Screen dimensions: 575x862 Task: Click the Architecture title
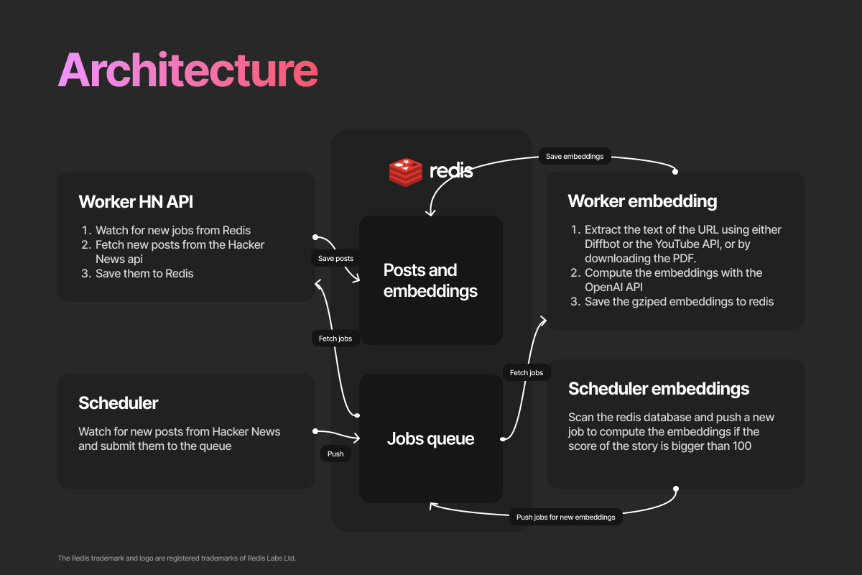[188, 70]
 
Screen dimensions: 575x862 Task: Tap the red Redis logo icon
[406, 171]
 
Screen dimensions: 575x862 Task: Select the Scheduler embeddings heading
[659, 389]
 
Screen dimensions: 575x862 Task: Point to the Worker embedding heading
[642, 201]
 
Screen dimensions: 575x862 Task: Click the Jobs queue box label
[430, 438]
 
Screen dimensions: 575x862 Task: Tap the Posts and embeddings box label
[430, 280]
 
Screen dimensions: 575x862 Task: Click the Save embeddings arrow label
[575, 156]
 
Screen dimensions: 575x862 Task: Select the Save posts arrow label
[335, 258]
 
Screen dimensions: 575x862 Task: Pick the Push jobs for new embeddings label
[566, 517]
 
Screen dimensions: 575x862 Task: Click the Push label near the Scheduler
[335, 454]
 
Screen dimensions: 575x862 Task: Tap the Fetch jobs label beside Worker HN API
[335, 338]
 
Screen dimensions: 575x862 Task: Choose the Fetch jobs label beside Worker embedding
[527, 372]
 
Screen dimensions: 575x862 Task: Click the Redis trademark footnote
[177, 558]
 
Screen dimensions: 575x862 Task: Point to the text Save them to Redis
[144, 273]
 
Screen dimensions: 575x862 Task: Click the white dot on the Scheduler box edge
[315, 431]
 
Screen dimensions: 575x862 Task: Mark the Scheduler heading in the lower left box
[119, 403]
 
